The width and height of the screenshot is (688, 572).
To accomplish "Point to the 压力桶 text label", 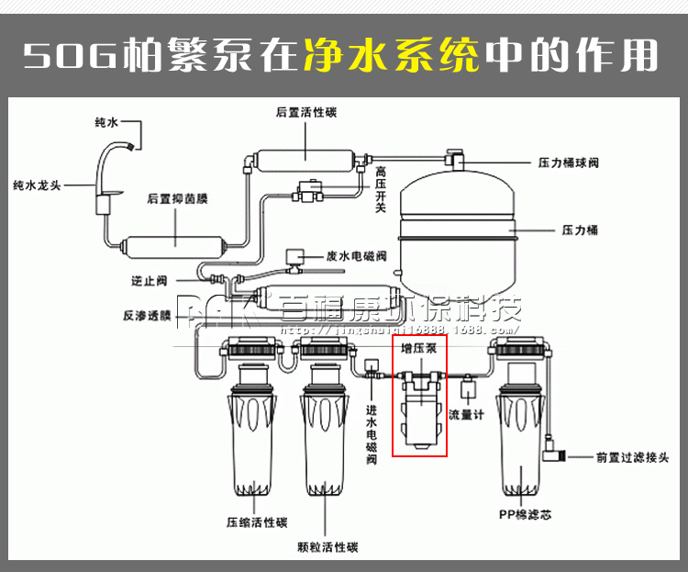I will click(579, 230).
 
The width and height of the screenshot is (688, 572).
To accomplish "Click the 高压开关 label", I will click(381, 188).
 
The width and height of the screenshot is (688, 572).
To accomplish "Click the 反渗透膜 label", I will click(147, 316).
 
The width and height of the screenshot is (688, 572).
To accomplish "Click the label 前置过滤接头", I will click(633, 456).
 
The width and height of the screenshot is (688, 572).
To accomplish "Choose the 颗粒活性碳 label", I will click(327, 547).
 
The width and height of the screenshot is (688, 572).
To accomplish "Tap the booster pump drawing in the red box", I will click(420, 409).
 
